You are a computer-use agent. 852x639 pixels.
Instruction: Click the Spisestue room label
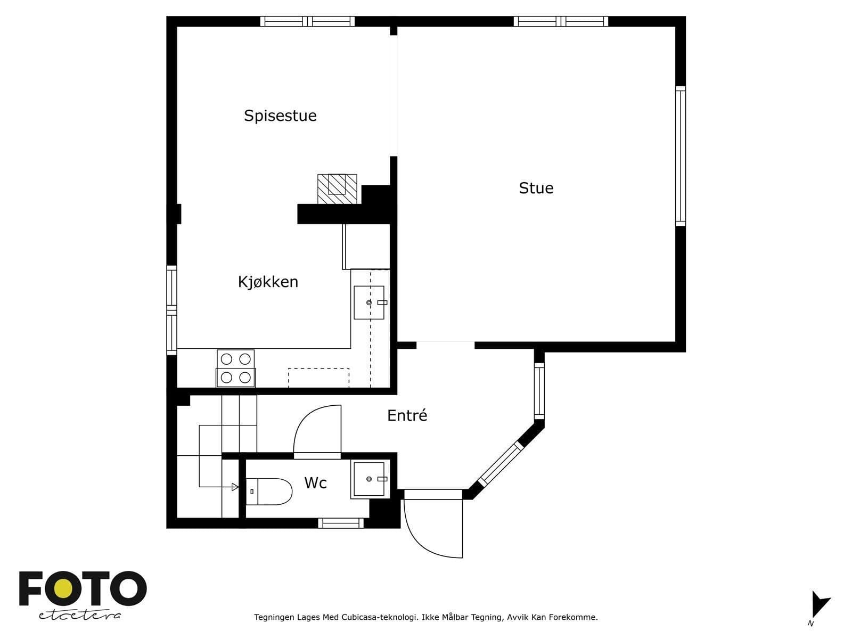click(280, 116)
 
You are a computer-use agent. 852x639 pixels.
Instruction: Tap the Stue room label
click(536, 188)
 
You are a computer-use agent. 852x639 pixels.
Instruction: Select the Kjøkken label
click(268, 282)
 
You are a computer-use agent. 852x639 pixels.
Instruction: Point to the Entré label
click(407, 415)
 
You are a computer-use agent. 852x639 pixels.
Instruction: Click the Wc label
click(315, 482)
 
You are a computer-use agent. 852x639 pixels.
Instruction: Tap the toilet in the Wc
click(269, 491)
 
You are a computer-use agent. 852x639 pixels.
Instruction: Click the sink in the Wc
click(370, 479)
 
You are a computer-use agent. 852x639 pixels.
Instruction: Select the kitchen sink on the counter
click(368, 302)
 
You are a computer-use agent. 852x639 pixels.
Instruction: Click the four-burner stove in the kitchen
click(235, 368)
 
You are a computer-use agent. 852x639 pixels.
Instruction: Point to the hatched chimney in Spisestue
click(337, 189)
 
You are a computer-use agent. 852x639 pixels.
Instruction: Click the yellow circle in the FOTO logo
click(62, 588)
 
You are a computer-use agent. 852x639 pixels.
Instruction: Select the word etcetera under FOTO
click(79, 615)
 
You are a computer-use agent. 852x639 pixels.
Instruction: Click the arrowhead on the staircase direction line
click(235, 487)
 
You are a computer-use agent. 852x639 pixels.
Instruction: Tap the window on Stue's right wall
click(681, 156)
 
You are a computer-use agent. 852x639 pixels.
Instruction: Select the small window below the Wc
click(341, 523)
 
